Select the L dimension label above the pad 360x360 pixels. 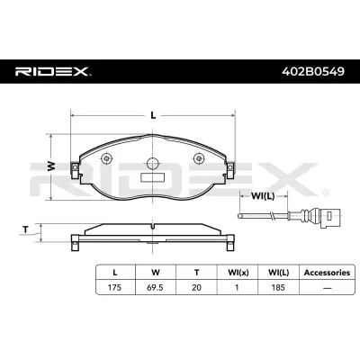155,115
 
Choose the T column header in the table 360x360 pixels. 196,270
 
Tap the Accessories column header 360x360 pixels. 319,270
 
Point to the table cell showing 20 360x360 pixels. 196,288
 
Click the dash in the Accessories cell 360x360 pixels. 319,288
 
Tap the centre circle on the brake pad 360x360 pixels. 154,164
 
